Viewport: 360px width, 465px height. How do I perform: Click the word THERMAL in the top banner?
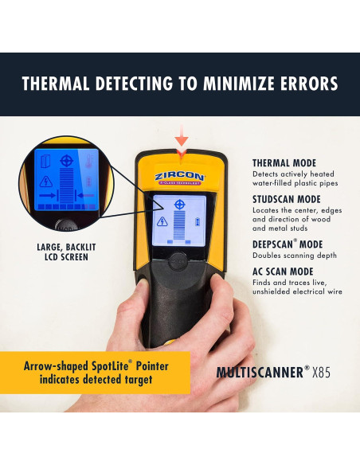click(61, 84)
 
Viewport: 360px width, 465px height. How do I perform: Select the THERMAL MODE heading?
click(284, 163)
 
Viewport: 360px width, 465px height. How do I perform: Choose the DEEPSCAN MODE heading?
click(288, 244)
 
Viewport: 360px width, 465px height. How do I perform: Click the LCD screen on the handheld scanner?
click(181, 219)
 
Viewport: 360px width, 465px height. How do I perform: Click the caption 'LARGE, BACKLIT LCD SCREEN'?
click(61, 252)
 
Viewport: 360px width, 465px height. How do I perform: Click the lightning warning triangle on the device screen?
click(162, 222)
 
